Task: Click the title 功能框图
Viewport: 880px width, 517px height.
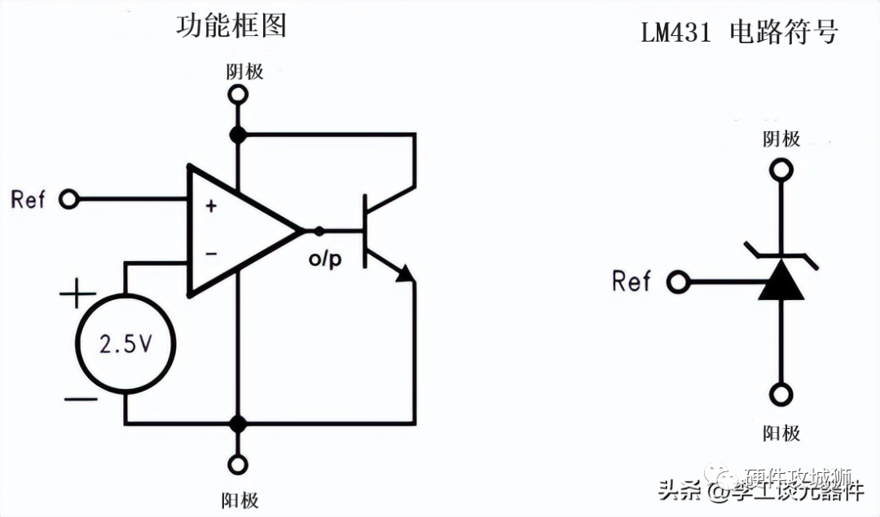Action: pyautogui.click(x=231, y=25)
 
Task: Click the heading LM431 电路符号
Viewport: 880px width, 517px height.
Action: pyautogui.click(x=739, y=33)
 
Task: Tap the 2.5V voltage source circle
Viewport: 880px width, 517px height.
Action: pyautogui.click(x=125, y=344)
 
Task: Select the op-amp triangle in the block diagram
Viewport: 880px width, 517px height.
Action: pyautogui.click(x=236, y=230)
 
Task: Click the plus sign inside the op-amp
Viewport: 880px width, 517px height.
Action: pyautogui.click(x=211, y=206)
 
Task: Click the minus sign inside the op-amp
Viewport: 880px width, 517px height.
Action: pyautogui.click(x=211, y=254)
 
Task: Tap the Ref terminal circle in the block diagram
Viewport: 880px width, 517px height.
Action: pyautogui.click(x=68, y=199)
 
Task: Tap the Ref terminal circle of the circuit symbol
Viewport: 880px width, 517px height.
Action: pyautogui.click(x=677, y=283)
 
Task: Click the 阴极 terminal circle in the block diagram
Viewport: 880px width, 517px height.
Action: pyautogui.click(x=238, y=95)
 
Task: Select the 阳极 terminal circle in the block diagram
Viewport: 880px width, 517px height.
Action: pyautogui.click(x=238, y=465)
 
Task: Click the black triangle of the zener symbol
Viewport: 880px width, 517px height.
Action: pyautogui.click(x=781, y=281)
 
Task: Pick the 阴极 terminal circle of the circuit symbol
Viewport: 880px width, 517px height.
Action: pyautogui.click(x=781, y=170)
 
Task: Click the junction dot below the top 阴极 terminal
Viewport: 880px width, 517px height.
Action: pyautogui.click(x=238, y=135)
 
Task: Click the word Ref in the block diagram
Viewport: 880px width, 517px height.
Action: pyautogui.click(x=29, y=199)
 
